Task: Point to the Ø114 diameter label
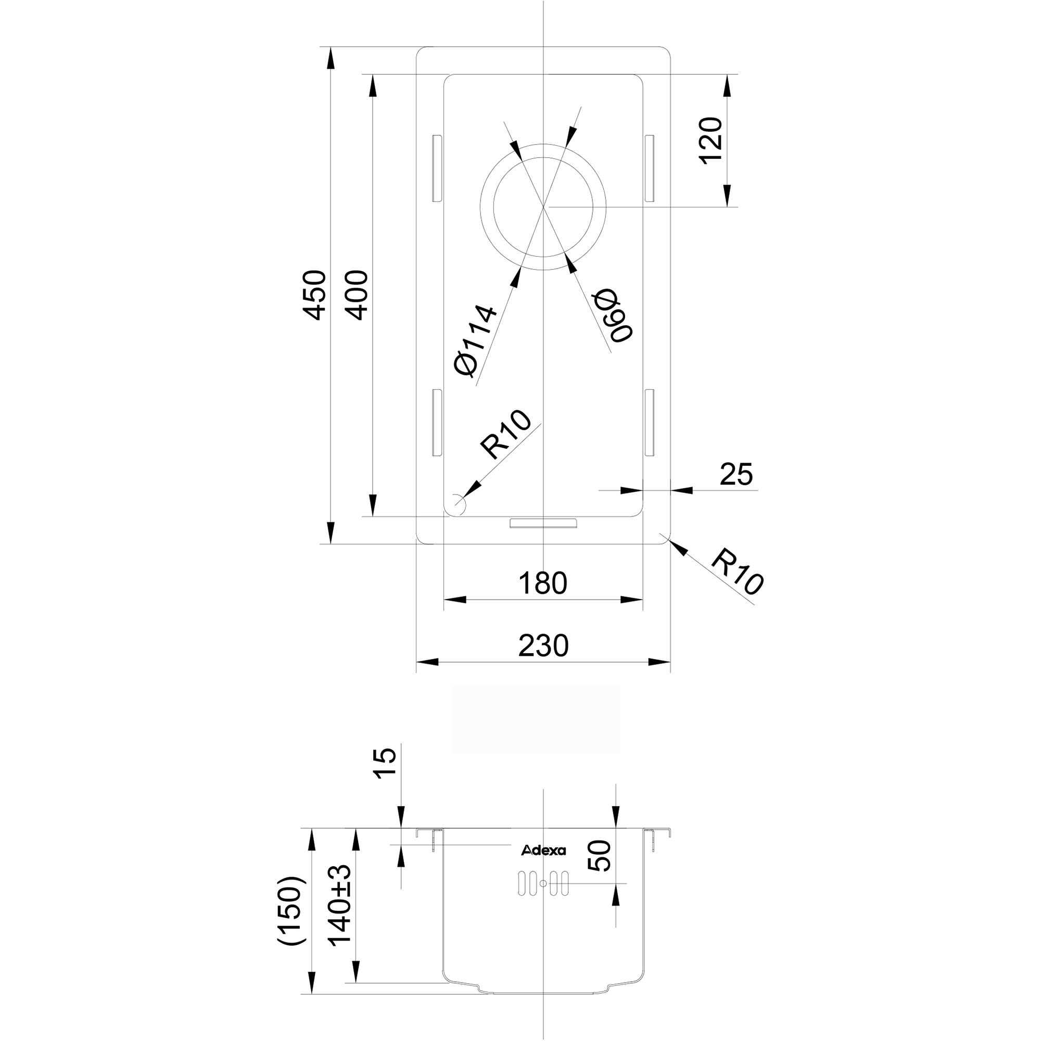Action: coord(475,340)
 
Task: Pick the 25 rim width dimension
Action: coord(736,474)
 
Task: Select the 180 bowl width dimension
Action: coord(542,583)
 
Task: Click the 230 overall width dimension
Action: coord(543,645)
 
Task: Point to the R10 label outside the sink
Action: coord(737,572)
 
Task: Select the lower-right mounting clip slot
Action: coord(649,423)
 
